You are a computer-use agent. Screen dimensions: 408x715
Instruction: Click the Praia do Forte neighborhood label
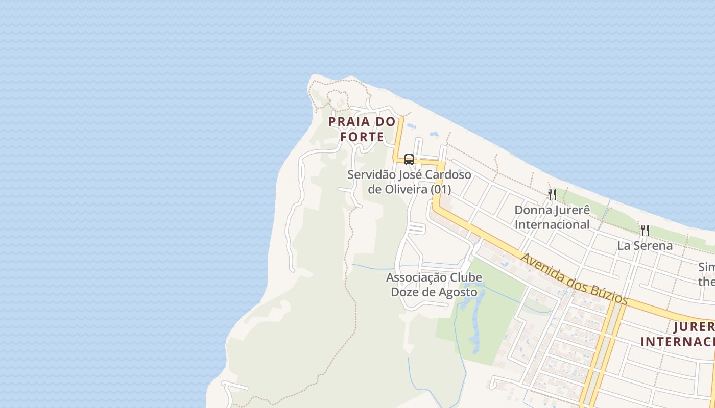(362, 129)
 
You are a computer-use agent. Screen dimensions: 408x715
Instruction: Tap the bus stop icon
(409, 159)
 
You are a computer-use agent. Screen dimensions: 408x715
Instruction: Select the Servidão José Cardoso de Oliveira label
(409, 182)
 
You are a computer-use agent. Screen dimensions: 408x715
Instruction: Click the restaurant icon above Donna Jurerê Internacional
(552, 194)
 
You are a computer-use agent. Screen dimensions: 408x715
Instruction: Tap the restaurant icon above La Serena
(645, 230)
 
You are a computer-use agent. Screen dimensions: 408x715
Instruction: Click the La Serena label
(645, 245)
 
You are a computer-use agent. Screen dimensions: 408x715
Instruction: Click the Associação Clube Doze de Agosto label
(434, 285)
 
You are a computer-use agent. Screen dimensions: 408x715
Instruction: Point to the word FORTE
(362, 137)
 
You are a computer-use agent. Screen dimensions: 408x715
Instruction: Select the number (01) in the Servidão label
(440, 189)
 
